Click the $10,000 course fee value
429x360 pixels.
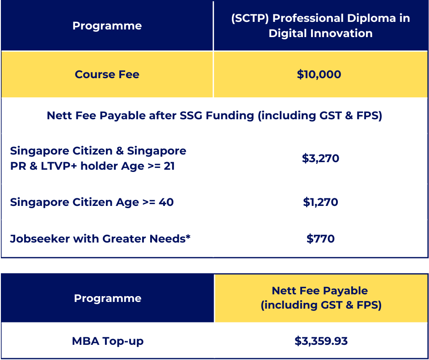tap(319, 75)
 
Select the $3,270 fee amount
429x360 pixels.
tap(320, 159)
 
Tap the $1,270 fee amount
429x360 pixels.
tap(320, 202)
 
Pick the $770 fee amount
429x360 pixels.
tap(320, 239)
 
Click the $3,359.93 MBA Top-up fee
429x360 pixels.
tap(321, 341)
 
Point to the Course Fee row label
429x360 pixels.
tap(107, 75)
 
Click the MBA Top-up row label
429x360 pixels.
tap(108, 341)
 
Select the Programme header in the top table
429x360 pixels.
tap(107, 26)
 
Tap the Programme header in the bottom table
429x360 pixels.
tap(108, 298)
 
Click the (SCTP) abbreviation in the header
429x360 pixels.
tap(250, 18)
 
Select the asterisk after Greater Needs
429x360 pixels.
tap(188, 236)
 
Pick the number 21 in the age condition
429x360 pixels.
tap(169, 166)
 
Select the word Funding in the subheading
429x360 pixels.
tap(230, 116)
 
